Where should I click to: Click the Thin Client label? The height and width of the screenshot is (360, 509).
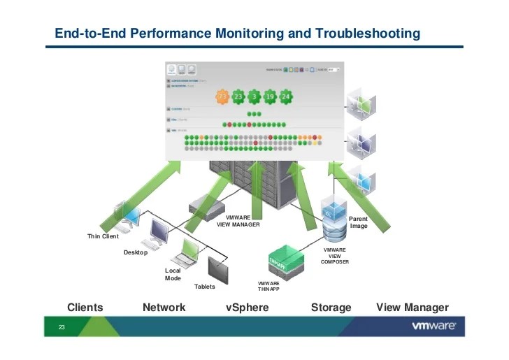[103, 236]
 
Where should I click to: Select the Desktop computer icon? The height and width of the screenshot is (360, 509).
[158, 231]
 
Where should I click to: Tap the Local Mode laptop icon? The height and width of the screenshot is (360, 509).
[191, 250]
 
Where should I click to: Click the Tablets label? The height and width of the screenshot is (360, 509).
[204, 287]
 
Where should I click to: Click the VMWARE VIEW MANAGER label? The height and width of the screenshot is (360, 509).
[238, 222]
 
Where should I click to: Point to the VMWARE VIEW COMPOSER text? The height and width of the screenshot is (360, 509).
[335, 255]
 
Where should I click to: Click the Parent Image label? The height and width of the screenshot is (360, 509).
[359, 222]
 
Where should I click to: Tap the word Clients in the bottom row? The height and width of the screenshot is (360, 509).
[85, 308]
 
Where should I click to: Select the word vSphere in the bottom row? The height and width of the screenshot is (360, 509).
[247, 308]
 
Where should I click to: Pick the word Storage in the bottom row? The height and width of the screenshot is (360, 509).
[331, 308]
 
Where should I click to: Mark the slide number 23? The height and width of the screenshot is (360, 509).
[61, 327]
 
